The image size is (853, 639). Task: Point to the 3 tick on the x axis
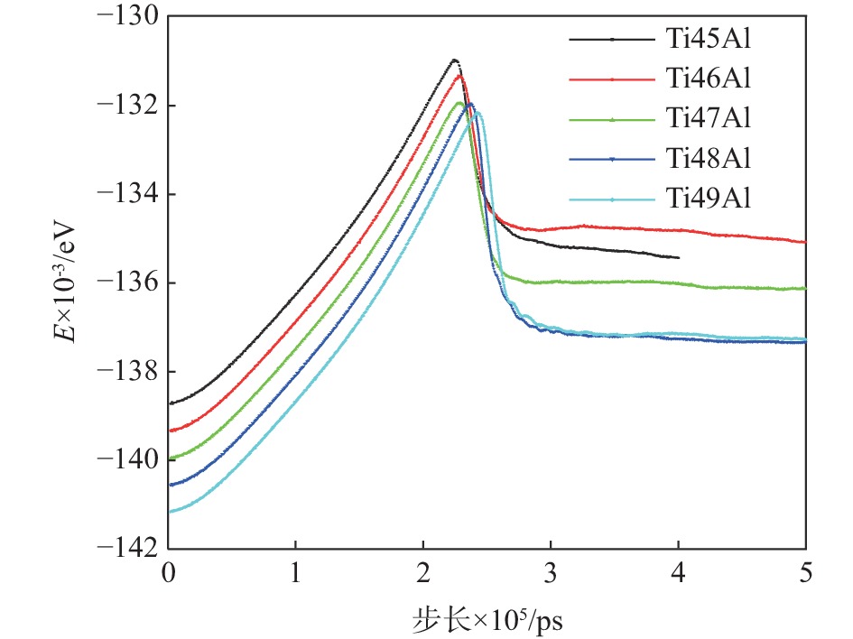click(x=551, y=572)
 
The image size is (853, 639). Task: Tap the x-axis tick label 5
click(x=804, y=572)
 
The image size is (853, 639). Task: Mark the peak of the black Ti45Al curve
click(x=454, y=60)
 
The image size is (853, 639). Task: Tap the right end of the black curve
click(x=678, y=257)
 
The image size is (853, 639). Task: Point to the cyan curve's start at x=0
click(x=170, y=512)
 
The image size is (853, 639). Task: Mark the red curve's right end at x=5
click(x=804, y=242)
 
